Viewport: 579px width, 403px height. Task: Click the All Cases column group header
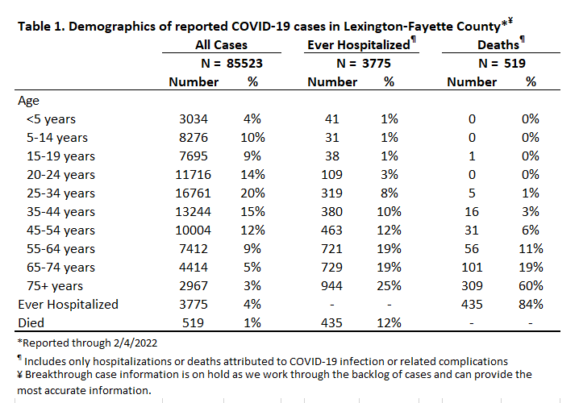tap(221, 45)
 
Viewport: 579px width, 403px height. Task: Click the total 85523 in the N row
tap(244, 64)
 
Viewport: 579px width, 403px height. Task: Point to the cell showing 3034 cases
tap(194, 119)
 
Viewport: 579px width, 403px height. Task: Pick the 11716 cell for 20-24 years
tap(193, 175)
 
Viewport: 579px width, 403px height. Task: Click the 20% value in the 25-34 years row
tap(252, 193)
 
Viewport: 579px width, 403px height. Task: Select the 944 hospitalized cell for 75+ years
tap(331, 285)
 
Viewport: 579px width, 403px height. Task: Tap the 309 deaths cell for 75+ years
tap(472, 285)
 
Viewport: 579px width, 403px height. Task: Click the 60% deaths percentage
tap(531, 285)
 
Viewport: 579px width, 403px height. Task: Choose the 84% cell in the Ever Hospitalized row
tap(531, 304)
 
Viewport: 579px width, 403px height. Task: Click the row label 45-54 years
tap(60, 231)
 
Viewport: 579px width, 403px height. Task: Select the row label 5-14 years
tap(57, 138)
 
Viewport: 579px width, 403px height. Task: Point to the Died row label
tap(31, 323)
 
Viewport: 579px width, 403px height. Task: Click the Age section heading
tap(28, 101)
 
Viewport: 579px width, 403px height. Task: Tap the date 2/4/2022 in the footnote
tap(135, 343)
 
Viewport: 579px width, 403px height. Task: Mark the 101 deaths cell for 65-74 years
tap(472, 268)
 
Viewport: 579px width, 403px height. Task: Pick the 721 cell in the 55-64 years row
tap(331, 249)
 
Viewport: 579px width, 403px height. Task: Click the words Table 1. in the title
tap(41, 27)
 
